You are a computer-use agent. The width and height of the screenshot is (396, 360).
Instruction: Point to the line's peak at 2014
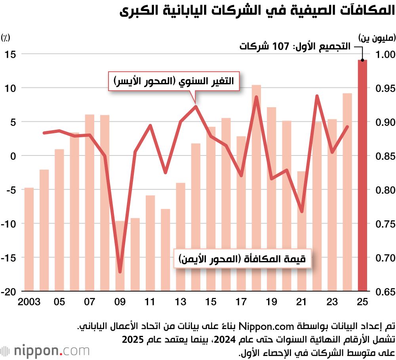(196, 106)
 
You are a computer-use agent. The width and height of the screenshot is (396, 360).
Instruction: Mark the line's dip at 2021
(302, 212)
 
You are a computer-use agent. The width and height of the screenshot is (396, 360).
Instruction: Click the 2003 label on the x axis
(29, 302)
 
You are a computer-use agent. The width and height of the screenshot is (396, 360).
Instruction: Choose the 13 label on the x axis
(181, 302)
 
